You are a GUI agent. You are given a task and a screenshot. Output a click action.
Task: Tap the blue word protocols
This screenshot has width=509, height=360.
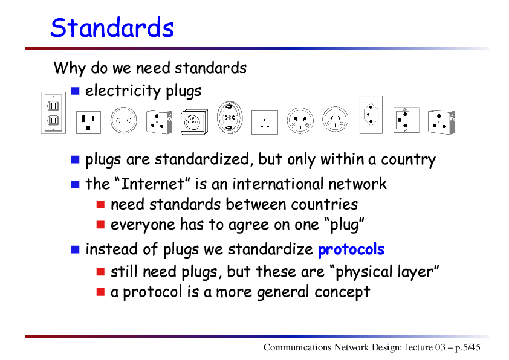pos(351,249)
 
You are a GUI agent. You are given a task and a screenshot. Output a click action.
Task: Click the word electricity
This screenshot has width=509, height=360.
pos(123,91)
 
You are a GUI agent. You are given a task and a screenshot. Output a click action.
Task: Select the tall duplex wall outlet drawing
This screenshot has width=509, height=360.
pos(53,113)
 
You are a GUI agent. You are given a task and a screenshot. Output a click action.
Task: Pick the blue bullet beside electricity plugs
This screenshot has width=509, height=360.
pos(76,91)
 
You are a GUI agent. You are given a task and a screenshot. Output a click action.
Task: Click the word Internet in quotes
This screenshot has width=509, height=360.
pos(152,184)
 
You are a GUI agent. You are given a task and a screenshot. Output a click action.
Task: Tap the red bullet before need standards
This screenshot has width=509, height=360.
pos(100,204)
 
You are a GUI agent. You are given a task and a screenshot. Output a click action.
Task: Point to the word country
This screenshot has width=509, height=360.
pos(408,160)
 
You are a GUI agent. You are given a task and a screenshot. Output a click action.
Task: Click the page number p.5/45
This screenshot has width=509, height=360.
pos(467,347)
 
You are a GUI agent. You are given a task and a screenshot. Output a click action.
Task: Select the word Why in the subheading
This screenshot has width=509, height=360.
pos(70,68)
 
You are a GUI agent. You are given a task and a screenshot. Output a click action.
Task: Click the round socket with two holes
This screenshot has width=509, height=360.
pos(124,121)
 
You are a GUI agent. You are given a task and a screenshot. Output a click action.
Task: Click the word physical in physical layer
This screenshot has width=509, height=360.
pos(360,272)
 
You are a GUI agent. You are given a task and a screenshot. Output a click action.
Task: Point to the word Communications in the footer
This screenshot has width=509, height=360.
pos(297,347)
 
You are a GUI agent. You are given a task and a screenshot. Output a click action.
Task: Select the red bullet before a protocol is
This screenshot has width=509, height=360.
pos(100,292)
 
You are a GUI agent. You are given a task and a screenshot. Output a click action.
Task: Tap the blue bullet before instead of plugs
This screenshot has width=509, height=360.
pos(76,249)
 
